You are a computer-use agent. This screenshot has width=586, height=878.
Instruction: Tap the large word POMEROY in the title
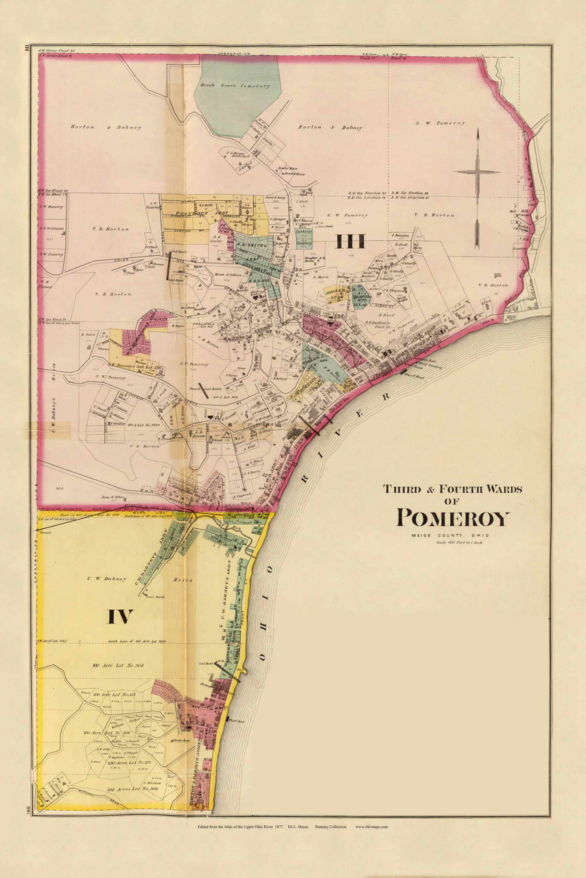click(453, 518)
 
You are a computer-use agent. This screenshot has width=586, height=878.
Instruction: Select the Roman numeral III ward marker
click(350, 241)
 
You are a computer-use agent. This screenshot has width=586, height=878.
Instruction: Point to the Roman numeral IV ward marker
click(119, 616)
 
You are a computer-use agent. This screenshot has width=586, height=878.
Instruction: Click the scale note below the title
click(453, 543)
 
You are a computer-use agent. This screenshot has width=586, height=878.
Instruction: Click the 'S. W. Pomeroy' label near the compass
click(440, 123)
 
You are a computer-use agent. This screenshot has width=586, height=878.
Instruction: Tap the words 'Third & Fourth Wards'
click(452, 489)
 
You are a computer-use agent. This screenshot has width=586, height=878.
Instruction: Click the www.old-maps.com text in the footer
click(372, 827)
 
